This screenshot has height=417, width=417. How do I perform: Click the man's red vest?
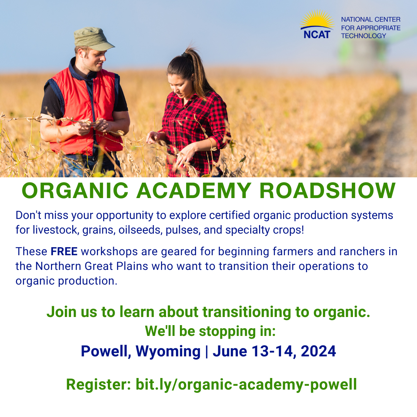click(x=85, y=112)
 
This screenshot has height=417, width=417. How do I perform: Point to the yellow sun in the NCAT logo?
click(x=317, y=19)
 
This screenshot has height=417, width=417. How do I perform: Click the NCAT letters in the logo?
click(x=317, y=34)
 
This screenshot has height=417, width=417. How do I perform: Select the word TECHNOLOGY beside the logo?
click(x=364, y=36)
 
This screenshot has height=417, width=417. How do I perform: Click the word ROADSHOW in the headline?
click(x=327, y=190)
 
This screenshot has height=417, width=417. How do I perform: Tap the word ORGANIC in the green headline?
click(x=75, y=190)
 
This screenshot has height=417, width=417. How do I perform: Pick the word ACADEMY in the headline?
click(x=194, y=190)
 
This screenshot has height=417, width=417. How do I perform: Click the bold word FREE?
click(x=64, y=251)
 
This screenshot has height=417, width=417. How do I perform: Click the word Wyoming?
click(x=168, y=352)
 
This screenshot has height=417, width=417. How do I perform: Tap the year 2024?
click(x=318, y=351)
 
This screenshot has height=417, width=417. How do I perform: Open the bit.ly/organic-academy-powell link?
click(x=246, y=385)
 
